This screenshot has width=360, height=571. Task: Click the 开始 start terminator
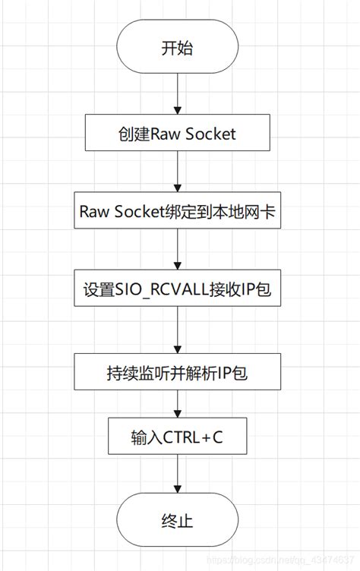(x=177, y=49)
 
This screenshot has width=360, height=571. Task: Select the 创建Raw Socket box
(x=177, y=134)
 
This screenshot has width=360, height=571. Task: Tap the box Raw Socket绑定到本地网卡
(x=177, y=213)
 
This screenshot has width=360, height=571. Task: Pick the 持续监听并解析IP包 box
(x=177, y=374)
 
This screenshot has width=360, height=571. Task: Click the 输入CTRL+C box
(x=177, y=437)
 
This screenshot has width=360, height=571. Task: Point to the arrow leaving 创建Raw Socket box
(x=177, y=173)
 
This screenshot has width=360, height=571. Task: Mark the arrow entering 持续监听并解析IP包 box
(x=177, y=333)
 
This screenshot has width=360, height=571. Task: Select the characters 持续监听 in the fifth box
(x=131, y=374)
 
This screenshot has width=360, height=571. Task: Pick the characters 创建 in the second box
(x=130, y=134)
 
